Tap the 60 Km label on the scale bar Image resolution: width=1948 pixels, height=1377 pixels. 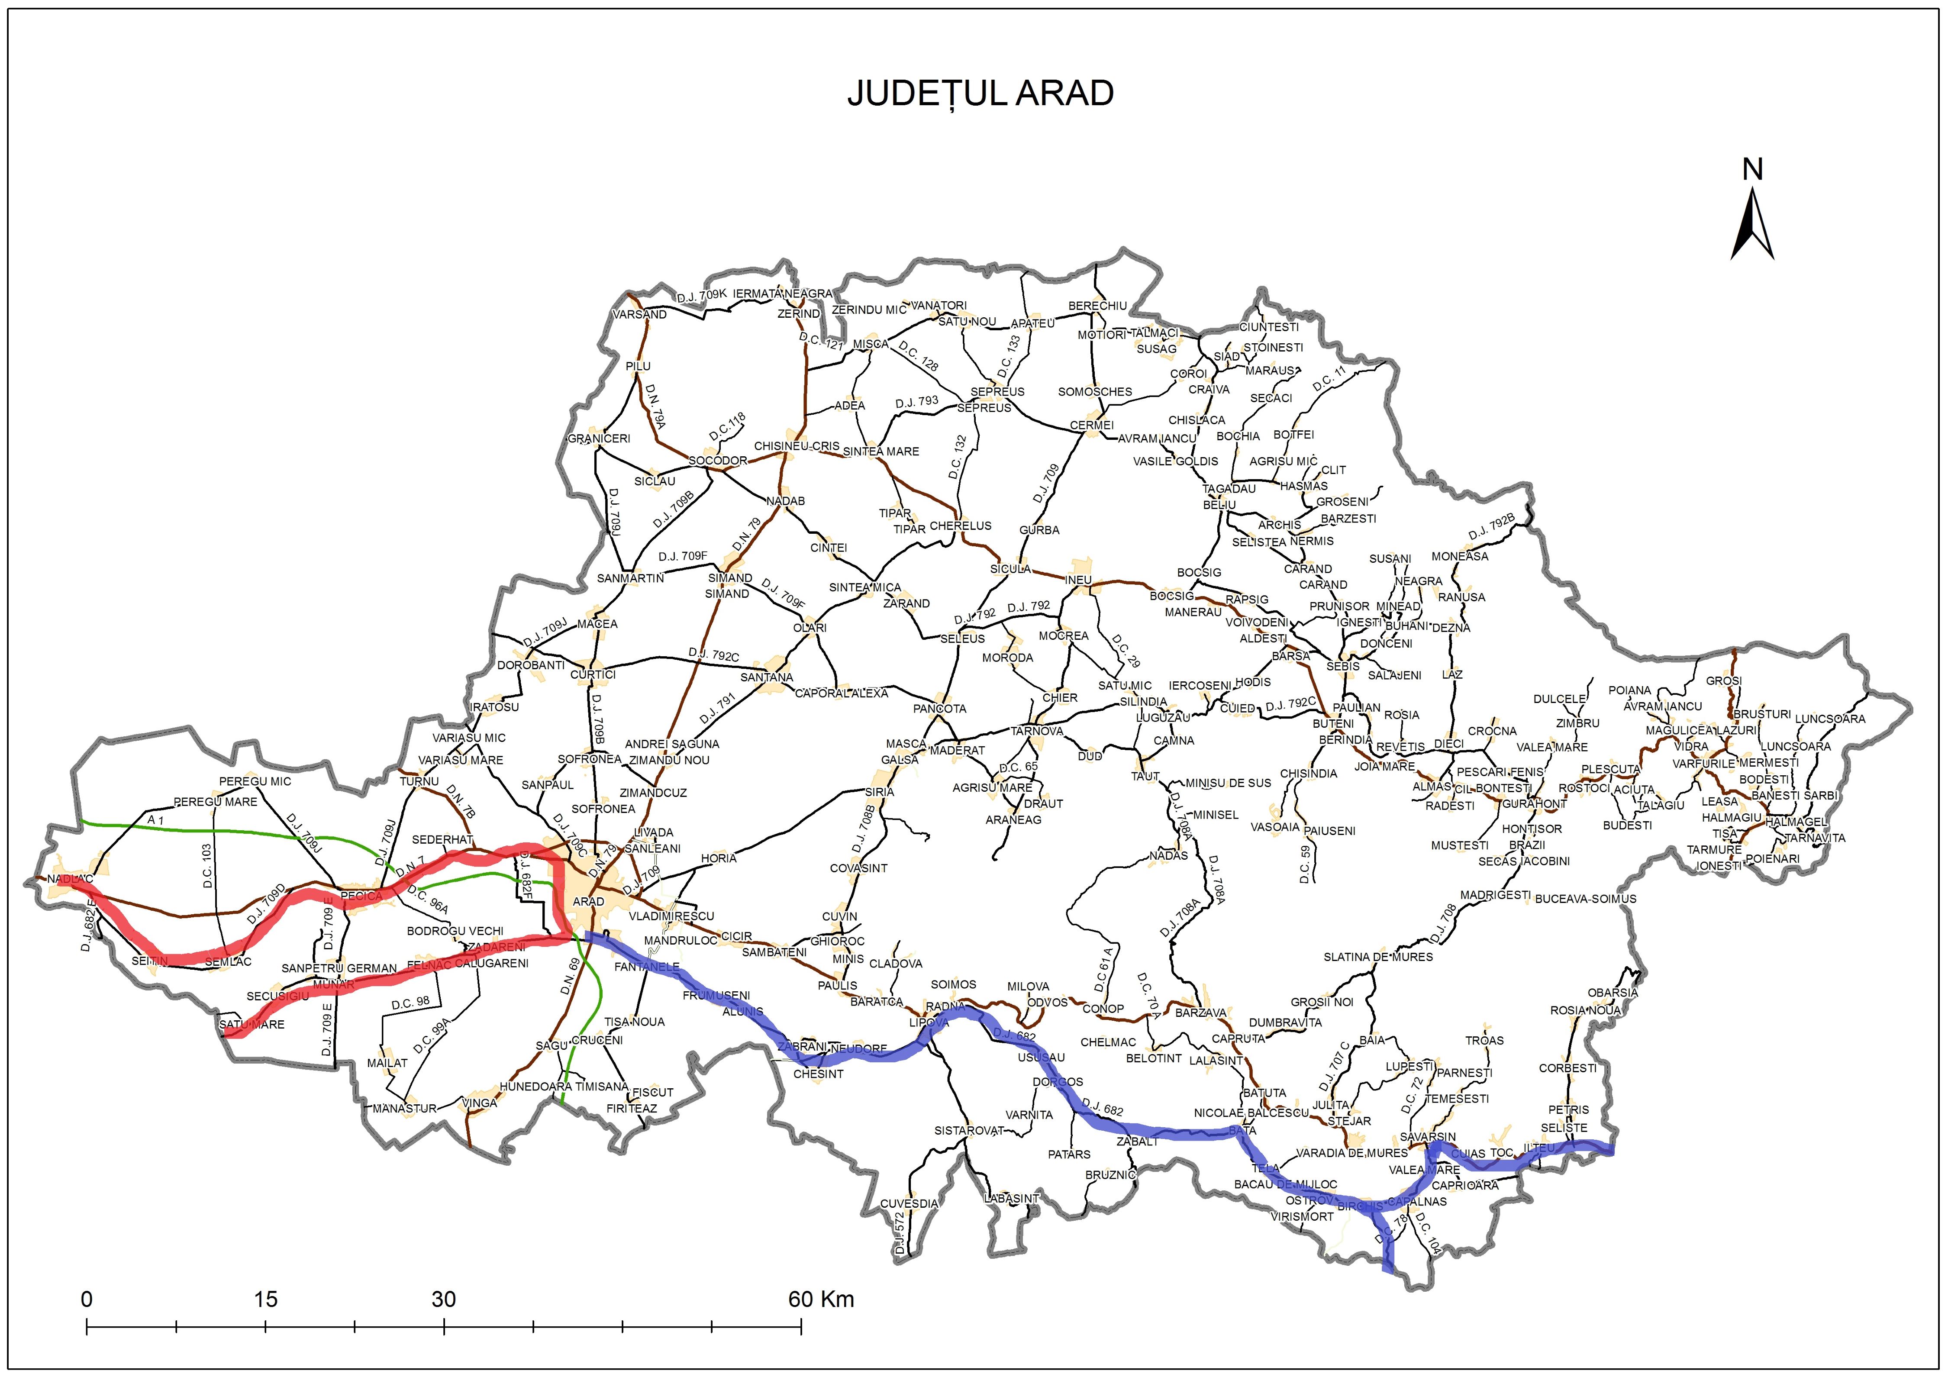[x=821, y=1299]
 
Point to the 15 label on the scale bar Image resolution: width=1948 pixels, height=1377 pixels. [x=265, y=1299]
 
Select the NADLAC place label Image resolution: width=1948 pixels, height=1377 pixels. [x=71, y=879]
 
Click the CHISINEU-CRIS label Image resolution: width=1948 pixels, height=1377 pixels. [x=797, y=446]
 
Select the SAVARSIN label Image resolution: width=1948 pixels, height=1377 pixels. [x=1428, y=1137]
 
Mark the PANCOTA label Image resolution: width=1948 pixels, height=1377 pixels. [x=939, y=709]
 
